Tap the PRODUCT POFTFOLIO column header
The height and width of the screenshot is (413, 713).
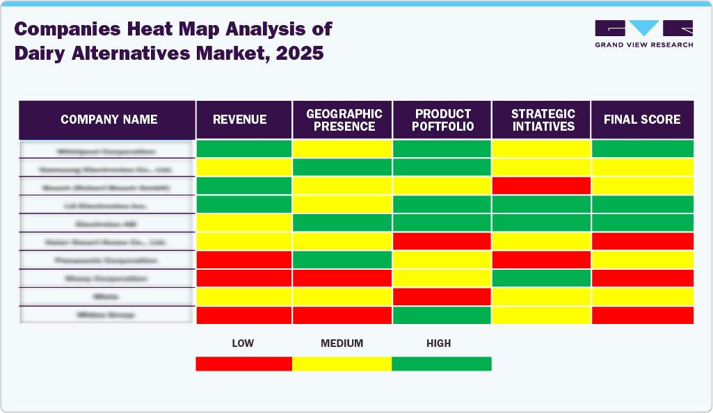pos(442,120)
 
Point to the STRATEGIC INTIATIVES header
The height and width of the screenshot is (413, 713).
pos(541,120)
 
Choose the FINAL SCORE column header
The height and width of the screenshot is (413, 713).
pos(642,120)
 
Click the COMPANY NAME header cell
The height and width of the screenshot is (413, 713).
pos(109,120)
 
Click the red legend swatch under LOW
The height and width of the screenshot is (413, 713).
pos(243,364)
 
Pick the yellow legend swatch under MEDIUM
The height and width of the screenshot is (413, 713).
pos(342,364)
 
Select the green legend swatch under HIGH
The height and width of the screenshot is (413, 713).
pos(442,364)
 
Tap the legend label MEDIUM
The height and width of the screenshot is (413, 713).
pos(342,343)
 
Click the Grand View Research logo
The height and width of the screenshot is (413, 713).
pos(643,33)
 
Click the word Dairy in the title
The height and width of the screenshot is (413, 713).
pos(40,54)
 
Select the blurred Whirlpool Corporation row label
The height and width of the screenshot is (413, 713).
pos(106,150)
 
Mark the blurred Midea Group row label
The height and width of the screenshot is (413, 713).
pos(106,315)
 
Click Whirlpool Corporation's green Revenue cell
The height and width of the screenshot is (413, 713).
pos(243,149)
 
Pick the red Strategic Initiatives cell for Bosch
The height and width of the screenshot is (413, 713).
pos(541,186)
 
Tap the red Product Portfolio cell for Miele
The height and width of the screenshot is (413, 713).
pos(442,297)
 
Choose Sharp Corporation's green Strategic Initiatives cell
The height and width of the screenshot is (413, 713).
pos(541,278)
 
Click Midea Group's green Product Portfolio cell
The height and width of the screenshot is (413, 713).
pos(442,315)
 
